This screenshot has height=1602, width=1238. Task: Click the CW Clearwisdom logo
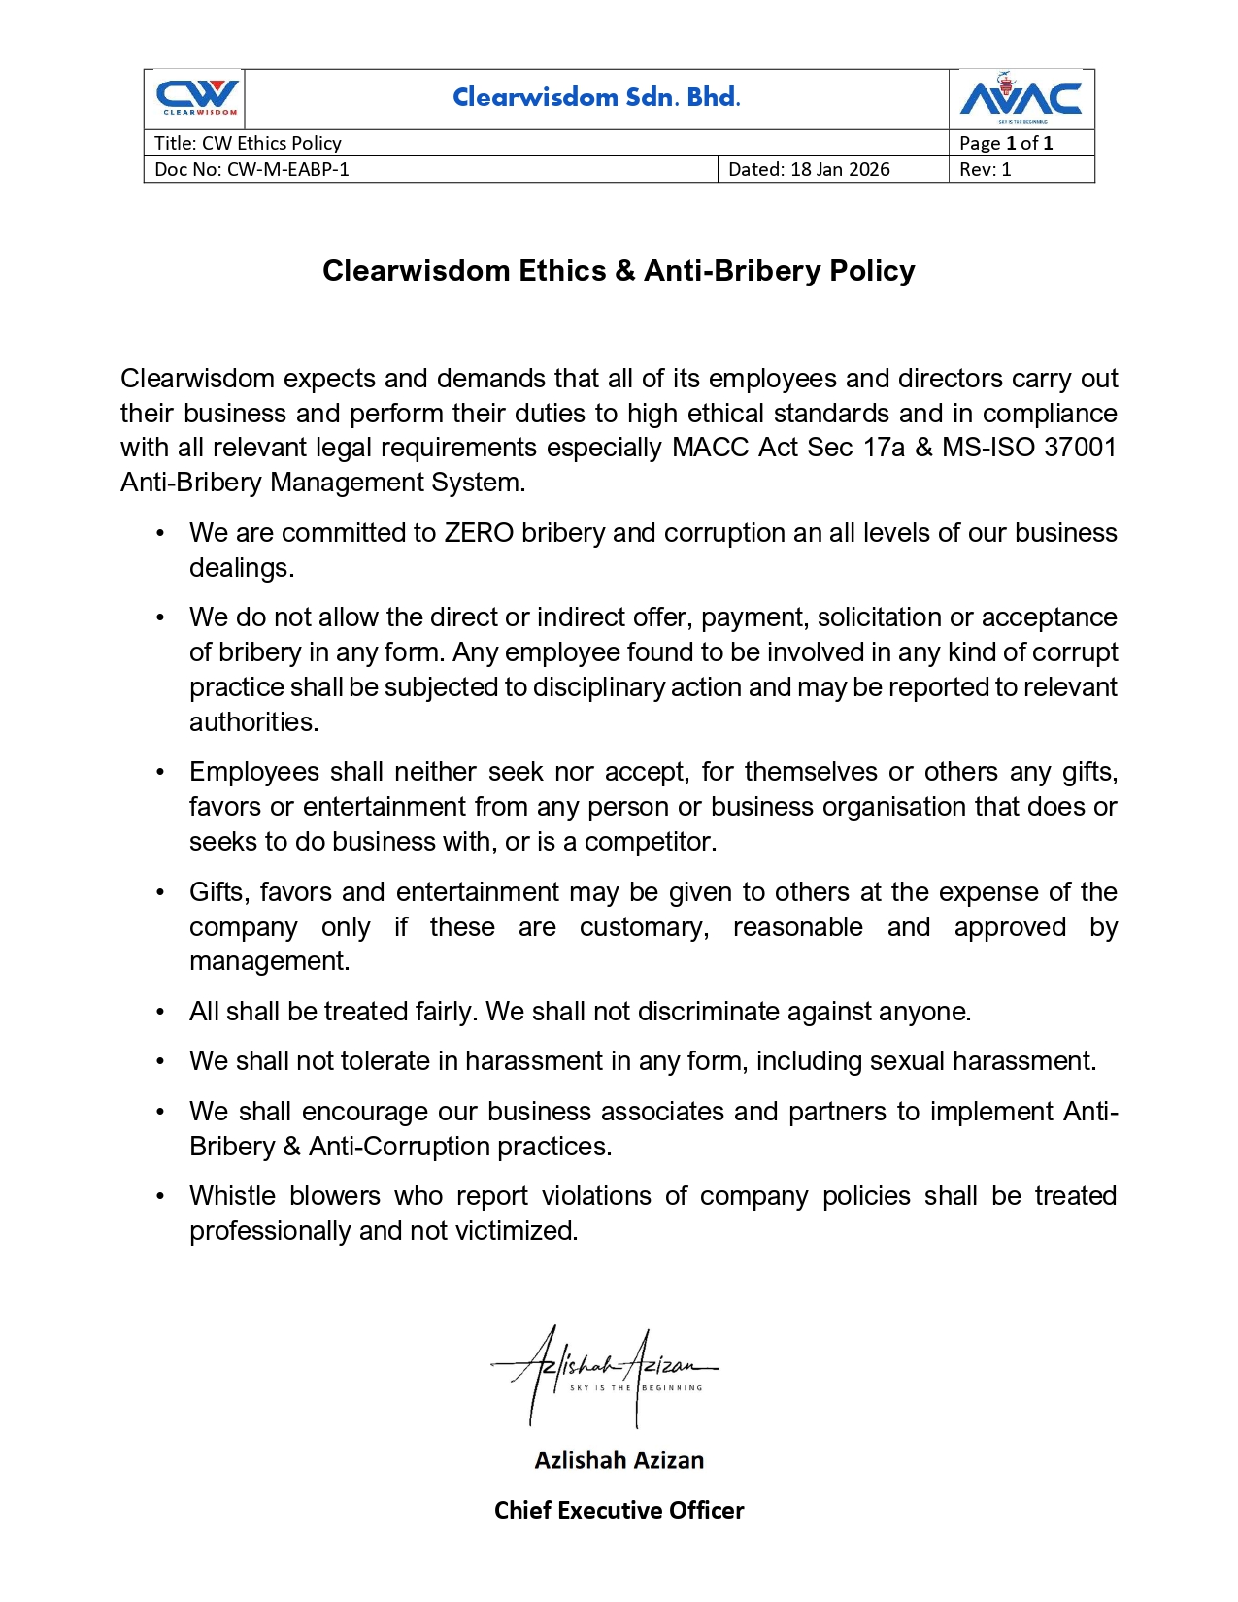click(197, 98)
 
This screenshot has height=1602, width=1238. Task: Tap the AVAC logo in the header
click(1021, 98)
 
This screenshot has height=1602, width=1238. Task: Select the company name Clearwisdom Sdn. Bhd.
click(596, 97)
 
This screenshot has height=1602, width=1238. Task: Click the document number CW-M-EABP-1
click(287, 169)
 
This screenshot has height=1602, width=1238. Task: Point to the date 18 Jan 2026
click(840, 169)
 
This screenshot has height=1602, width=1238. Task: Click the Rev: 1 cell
click(985, 169)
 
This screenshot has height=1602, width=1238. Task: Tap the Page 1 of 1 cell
click(1005, 143)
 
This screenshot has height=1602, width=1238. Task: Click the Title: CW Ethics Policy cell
click(248, 143)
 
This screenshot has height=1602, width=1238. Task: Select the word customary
click(644, 927)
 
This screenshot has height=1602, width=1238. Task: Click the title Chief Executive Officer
click(619, 1510)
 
